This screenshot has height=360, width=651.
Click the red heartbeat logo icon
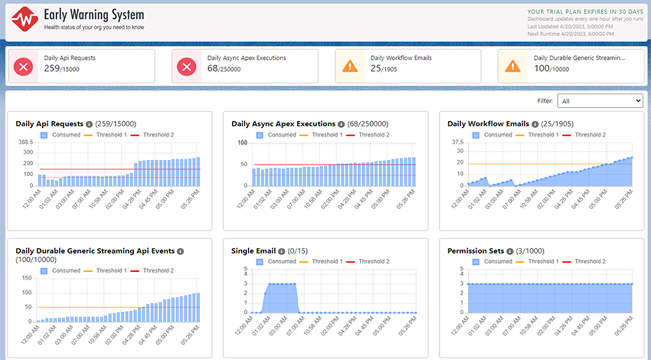click(x=25, y=19)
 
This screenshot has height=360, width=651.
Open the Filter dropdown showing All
click(x=600, y=101)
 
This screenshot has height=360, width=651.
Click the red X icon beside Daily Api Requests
click(x=23, y=67)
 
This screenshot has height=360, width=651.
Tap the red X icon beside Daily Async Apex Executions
click(x=186, y=67)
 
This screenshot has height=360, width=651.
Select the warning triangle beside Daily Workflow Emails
click(x=350, y=67)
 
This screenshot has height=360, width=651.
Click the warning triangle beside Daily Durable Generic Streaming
click(x=513, y=67)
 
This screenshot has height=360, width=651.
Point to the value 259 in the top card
click(x=52, y=69)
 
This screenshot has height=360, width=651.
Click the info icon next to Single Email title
click(x=281, y=251)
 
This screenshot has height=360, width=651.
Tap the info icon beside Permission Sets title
click(x=510, y=251)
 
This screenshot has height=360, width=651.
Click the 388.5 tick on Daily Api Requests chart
click(x=26, y=142)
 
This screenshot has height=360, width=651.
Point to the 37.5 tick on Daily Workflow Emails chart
click(x=457, y=142)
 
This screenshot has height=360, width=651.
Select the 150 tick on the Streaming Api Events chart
click(x=27, y=278)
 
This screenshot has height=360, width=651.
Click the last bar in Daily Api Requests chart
click(x=198, y=172)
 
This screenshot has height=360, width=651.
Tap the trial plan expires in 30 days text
click(x=585, y=12)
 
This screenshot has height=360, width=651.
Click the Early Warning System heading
click(x=94, y=15)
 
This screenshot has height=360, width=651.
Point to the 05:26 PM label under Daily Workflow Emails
click(x=623, y=200)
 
